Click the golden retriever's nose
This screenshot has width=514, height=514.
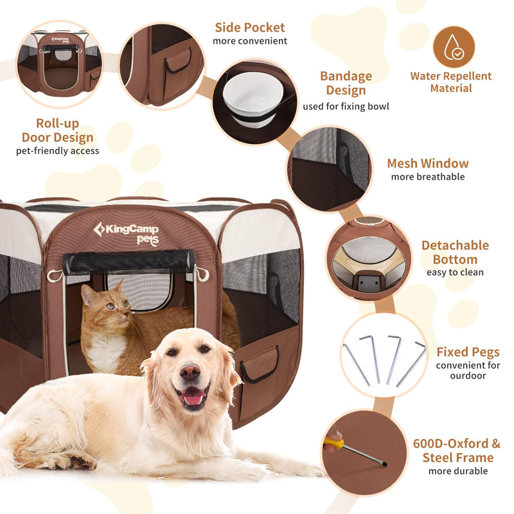[x=190, y=371]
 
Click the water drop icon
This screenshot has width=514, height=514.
[x=454, y=47]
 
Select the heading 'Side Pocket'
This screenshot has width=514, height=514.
[x=250, y=28]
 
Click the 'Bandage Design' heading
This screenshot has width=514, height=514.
[x=346, y=83]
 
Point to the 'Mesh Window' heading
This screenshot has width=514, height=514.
[x=427, y=163]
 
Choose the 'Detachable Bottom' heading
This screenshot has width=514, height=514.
[x=455, y=253]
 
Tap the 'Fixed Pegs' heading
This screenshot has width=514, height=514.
[x=468, y=351]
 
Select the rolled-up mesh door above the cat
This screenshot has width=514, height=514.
[x=128, y=262]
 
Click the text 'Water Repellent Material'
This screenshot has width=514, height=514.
[x=451, y=82]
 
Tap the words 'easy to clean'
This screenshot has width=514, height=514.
[x=455, y=272]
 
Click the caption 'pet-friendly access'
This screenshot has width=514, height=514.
[x=58, y=151]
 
